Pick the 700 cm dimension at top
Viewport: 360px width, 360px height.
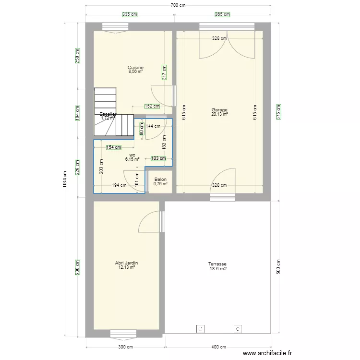pyautogui.click(x=178, y=5)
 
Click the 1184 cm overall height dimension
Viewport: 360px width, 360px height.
pyautogui.click(x=65, y=180)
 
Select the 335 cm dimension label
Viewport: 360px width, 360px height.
pyautogui.click(x=127, y=15)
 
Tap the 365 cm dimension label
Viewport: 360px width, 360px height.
pyautogui.click(x=222, y=15)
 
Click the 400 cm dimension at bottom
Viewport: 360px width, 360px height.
pyautogui.click(x=218, y=347)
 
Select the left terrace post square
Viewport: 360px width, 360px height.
pyautogui.click(x=200, y=329)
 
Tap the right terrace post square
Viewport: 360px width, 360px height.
pyautogui.click(x=238, y=329)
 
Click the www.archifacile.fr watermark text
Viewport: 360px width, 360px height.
pyautogui.click(x=267, y=353)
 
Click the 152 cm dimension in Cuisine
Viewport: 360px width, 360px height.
pyautogui.click(x=152, y=107)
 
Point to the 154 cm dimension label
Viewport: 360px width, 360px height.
pyautogui.click(x=114, y=147)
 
